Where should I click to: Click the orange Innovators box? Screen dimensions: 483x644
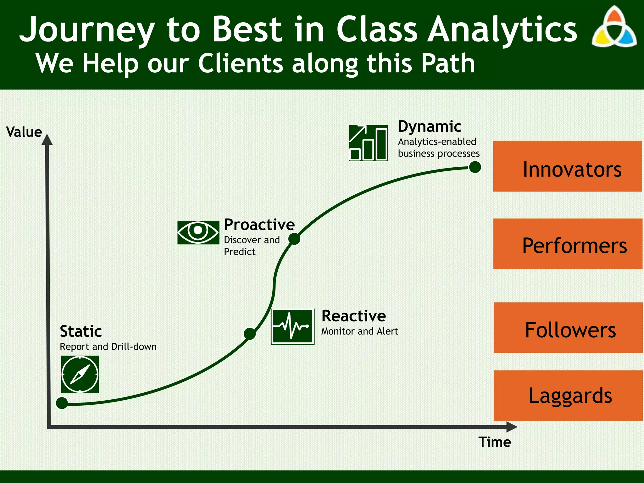point(567,166)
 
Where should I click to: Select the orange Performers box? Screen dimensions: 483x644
point(568,244)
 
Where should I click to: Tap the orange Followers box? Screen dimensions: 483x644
point(568,328)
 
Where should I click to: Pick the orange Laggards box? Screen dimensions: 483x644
point(568,396)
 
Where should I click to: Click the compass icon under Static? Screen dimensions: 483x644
point(80,374)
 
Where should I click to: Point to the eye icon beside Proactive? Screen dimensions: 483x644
point(198,232)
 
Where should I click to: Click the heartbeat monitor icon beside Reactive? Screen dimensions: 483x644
point(293,326)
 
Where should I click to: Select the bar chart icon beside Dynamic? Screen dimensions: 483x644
point(368,143)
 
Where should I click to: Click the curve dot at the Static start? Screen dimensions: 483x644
point(62,403)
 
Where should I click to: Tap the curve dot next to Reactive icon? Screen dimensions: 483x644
point(250,334)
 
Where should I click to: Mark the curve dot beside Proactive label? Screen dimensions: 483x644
point(294,239)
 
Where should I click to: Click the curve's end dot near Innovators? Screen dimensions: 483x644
point(475,167)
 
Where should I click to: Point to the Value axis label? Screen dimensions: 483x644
point(24,132)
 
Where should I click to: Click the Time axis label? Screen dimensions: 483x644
point(495,442)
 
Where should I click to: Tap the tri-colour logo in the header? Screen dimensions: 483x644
point(614,28)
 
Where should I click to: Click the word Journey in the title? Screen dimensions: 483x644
point(87,30)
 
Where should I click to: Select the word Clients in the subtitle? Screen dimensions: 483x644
point(241,64)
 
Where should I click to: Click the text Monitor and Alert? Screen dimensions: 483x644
point(359,331)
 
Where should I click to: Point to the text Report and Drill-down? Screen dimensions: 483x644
point(108,347)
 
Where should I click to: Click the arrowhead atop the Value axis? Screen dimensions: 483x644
point(47,139)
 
